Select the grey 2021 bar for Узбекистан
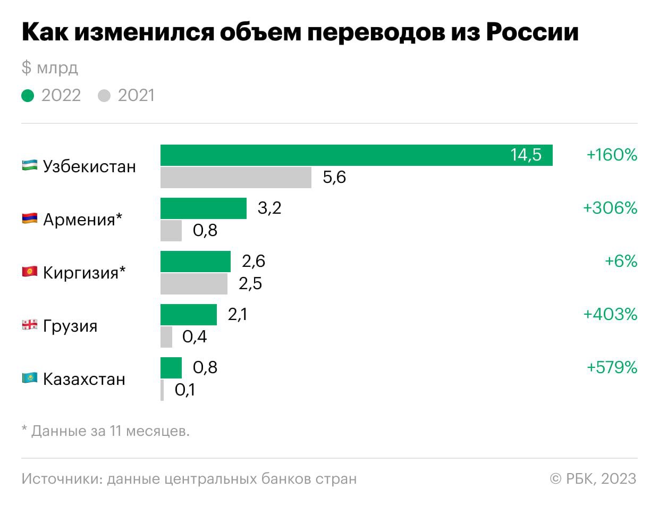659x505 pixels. (x=236, y=178)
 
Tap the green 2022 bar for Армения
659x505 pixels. (x=204, y=208)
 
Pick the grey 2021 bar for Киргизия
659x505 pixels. (x=194, y=284)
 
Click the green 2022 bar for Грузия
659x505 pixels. (x=189, y=315)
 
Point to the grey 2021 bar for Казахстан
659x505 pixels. (x=162, y=390)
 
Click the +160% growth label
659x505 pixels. (x=611, y=155)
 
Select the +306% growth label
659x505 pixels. (x=610, y=208)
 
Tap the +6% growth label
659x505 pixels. (x=621, y=262)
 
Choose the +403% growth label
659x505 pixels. (x=610, y=315)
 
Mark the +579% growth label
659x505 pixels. (x=611, y=368)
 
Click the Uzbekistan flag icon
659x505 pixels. (x=29, y=166)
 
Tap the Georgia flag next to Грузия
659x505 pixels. (x=29, y=325)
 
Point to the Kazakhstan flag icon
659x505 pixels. (x=29, y=378)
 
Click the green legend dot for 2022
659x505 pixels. (x=28, y=96)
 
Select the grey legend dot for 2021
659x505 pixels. (x=104, y=96)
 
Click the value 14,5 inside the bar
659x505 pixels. (x=526, y=155)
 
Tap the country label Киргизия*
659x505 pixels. (x=85, y=273)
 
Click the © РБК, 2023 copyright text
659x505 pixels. (x=593, y=478)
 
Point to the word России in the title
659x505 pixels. (x=532, y=33)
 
